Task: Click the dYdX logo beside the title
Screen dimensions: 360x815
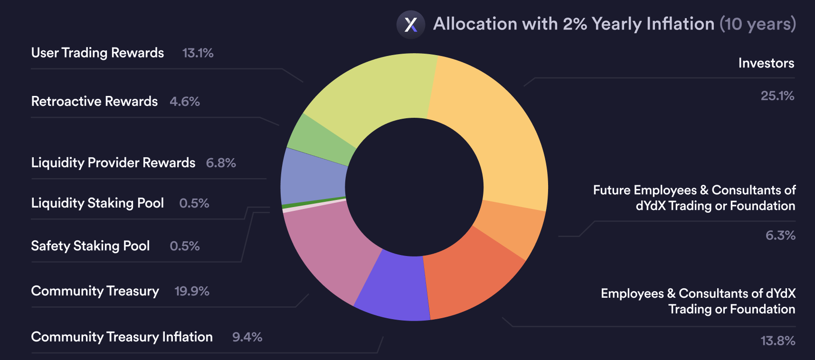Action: coord(410,24)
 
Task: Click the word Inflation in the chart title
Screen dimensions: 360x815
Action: coord(680,24)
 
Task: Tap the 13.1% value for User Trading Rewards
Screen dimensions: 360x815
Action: coord(198,53)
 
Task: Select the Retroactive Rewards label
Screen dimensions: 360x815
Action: coord(94,102)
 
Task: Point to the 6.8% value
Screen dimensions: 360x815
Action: coord(221,163)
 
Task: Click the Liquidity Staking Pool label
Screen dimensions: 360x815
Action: coord(97,203)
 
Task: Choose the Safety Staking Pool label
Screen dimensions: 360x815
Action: coord(90,246)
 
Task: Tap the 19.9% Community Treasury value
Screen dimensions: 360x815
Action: coord(192,291)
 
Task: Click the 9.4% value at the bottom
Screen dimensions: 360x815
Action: coord(247,337)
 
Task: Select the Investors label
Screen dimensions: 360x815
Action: coord(766,63)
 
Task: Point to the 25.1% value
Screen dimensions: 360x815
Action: coord(777,96)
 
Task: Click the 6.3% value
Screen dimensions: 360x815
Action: coord(780,236)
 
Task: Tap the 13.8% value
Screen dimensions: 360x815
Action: coord(777,341)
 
